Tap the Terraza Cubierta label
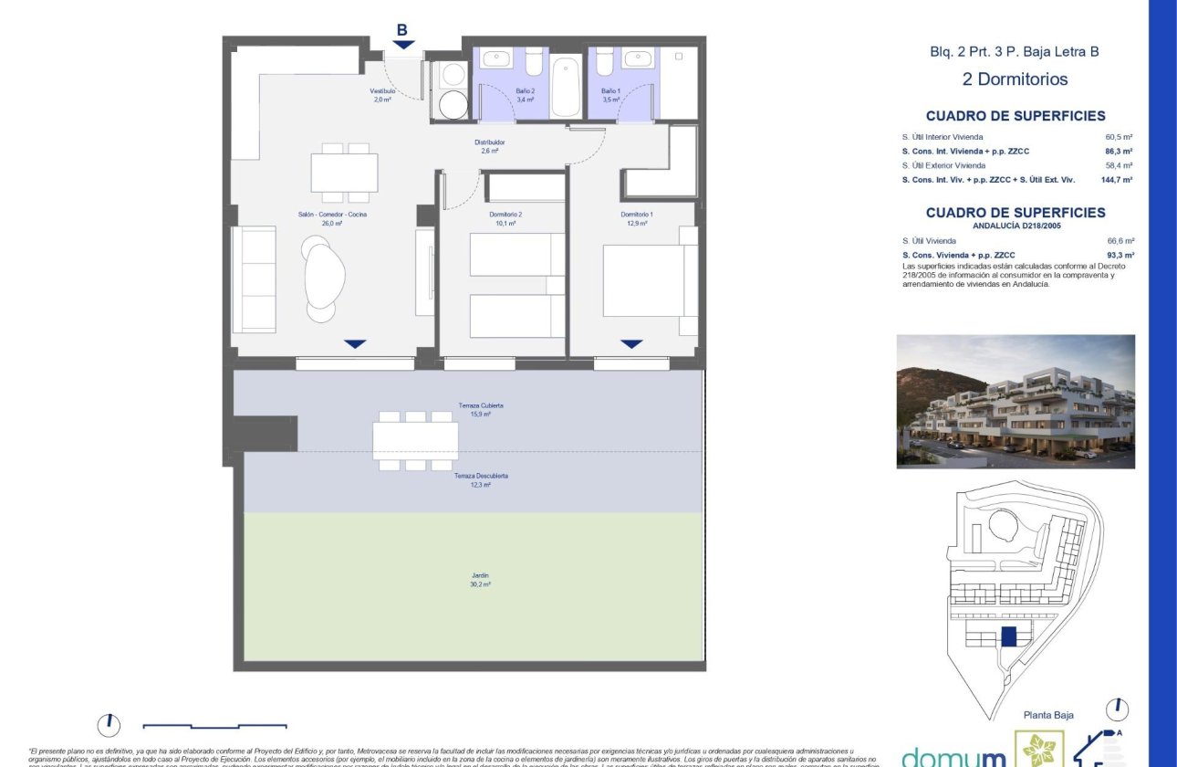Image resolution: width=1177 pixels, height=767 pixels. (481, 405)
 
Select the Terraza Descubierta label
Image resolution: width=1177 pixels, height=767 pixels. (481, 477)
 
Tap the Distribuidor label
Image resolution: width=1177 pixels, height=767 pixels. (489, 143)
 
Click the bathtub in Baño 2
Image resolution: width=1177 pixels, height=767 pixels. (566, 88)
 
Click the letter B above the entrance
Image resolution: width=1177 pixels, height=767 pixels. (401, 30)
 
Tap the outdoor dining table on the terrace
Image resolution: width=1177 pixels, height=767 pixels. (415, 440)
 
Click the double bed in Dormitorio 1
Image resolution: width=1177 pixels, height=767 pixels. (648, 282)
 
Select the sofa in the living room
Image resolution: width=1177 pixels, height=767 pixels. (254, 279)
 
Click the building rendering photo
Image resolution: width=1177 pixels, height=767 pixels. (1016, 401)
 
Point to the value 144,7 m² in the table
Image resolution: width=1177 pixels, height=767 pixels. (1116, 180)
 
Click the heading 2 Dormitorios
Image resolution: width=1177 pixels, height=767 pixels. (1015, 79)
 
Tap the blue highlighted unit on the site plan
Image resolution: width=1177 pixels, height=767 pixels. (1008, 637)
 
